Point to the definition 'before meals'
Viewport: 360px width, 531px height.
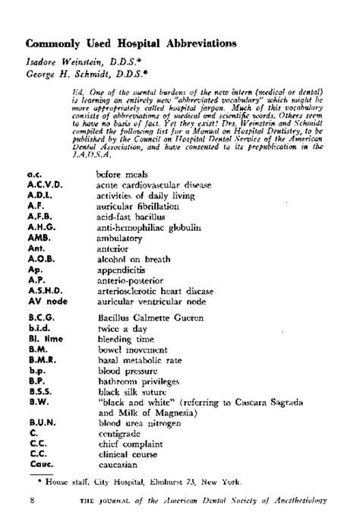pyautogui.click(x=123, y=174)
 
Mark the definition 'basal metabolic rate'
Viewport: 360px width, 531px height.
pyautogui.click(x=142, y=360)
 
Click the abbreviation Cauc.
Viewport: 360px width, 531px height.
pyautogui.click(x=39, y=463)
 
